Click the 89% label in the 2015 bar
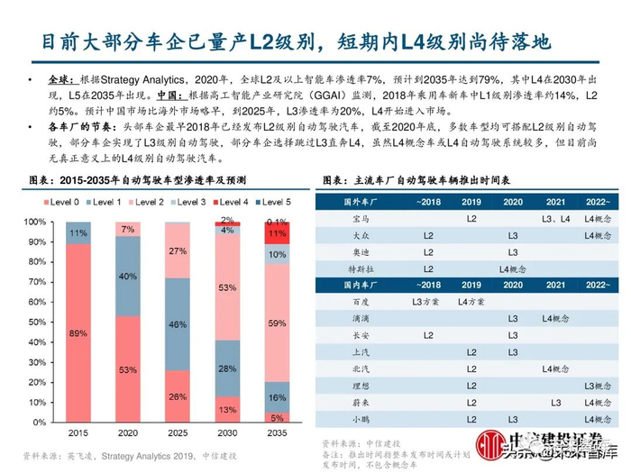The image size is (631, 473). [x=77, y=332]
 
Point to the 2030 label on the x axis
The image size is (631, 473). [x=229, y=432]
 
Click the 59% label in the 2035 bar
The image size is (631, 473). [x=279, y=322]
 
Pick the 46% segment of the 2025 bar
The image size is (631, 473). [x=178, y=323]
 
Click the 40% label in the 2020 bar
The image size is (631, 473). [x=127, y=276]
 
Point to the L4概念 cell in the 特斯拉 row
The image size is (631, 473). [x=510, y=268]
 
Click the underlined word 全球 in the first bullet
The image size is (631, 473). [x=59, y=79]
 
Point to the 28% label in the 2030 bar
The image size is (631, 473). [x=229, y=368]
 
